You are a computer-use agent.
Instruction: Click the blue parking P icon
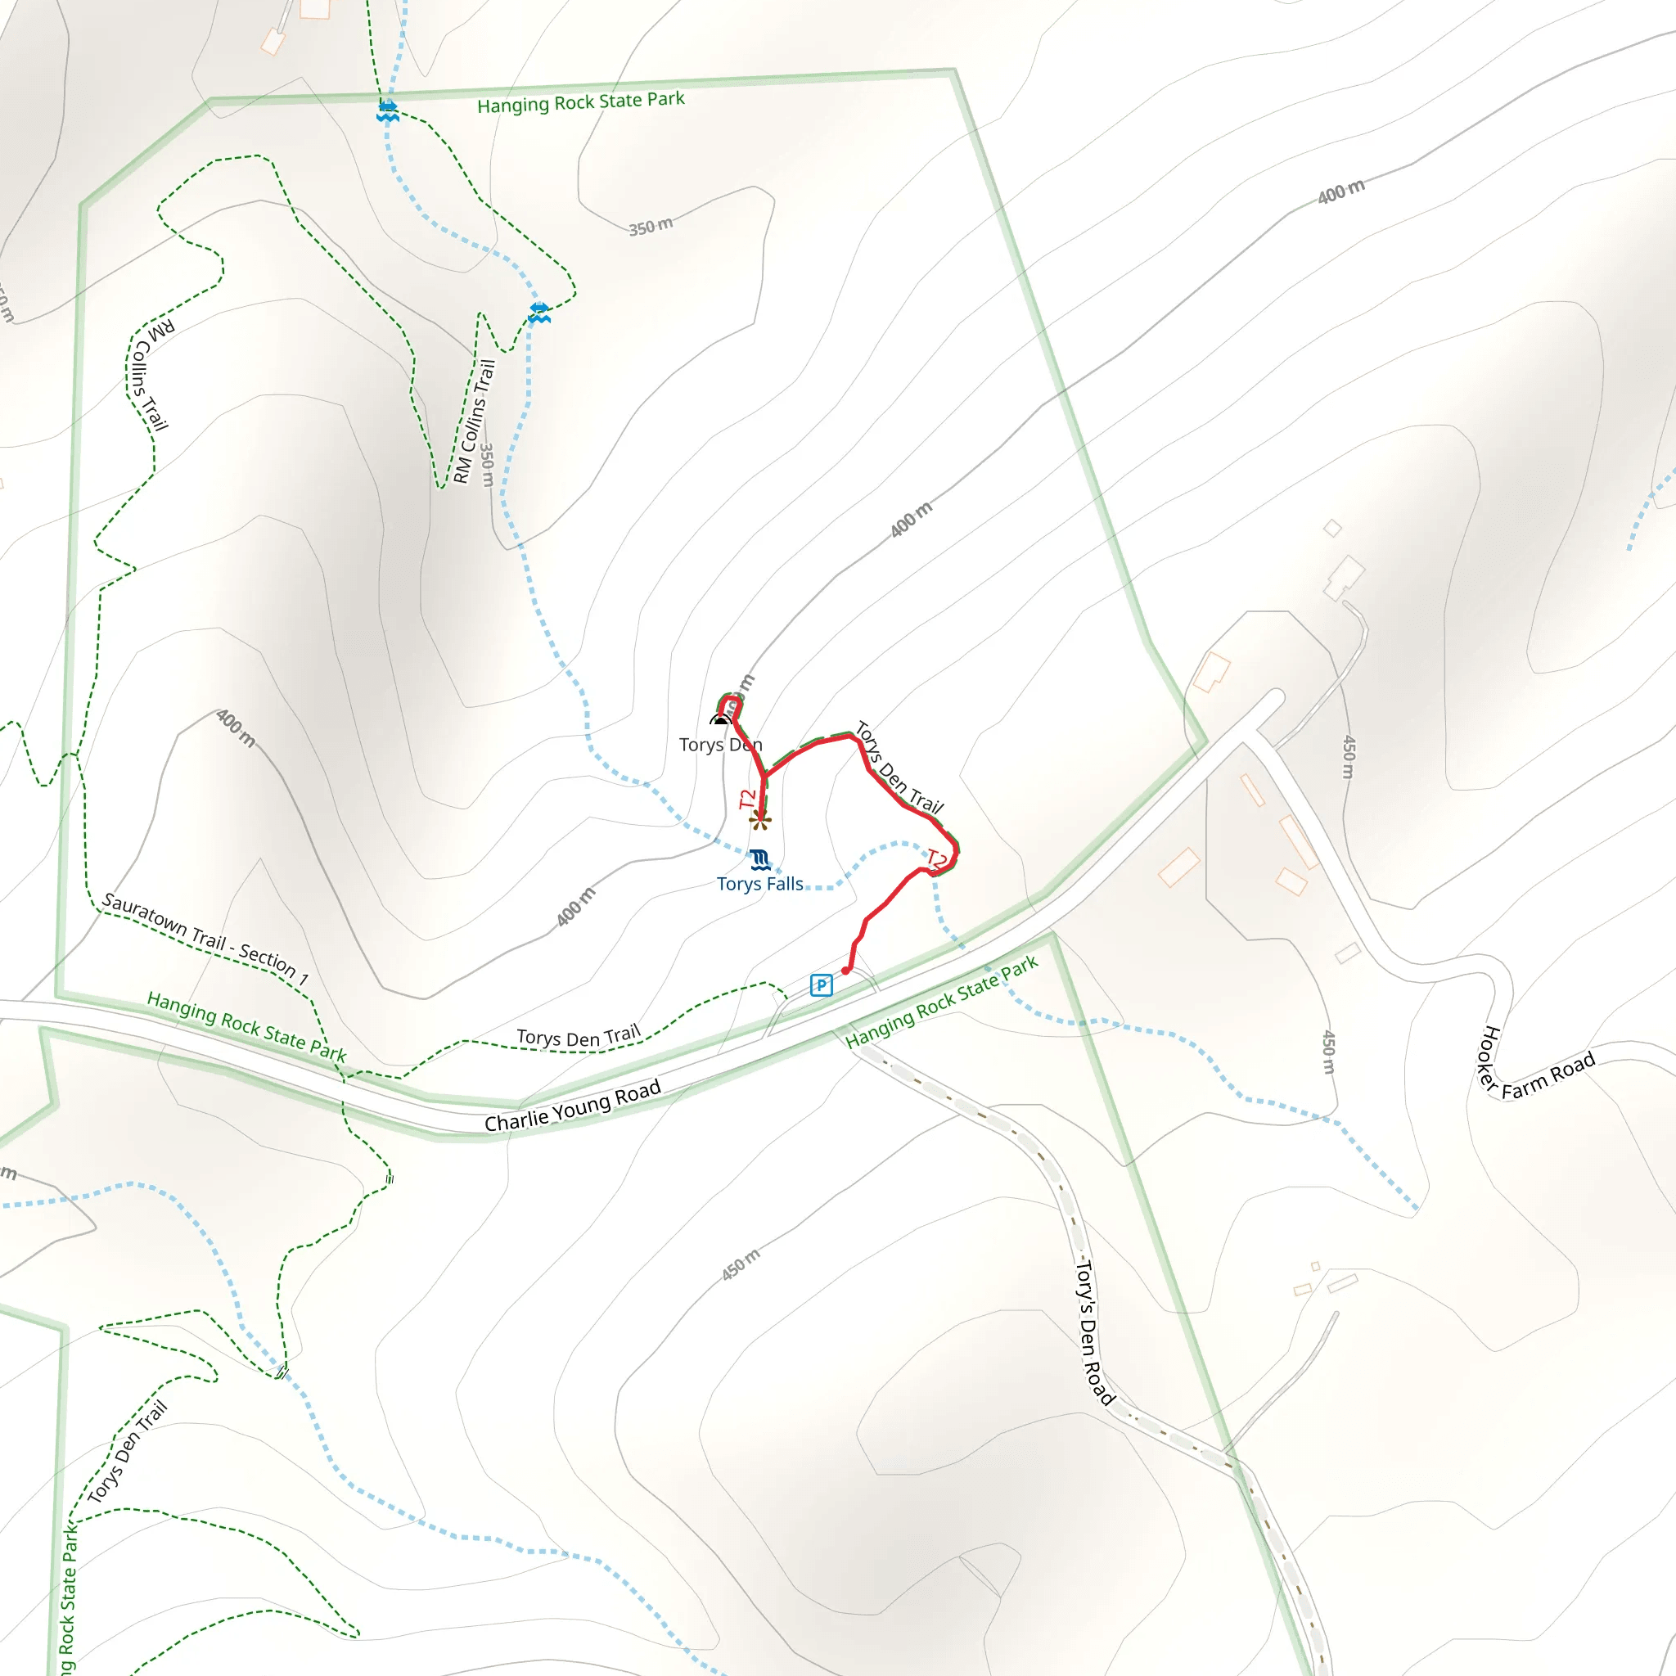tap(821, 984)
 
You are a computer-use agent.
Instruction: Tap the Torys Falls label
tap(760, 884)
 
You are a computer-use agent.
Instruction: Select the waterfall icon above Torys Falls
tap(760, 860)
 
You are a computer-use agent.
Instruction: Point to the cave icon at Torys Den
tap(720, 719)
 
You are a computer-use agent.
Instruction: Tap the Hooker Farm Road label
tap(1534, 1066)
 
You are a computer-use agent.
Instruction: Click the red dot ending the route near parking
tap(846, 971)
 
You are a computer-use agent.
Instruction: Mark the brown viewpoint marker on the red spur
tap(761, 820)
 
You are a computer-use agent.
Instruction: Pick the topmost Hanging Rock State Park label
tap(580, 102)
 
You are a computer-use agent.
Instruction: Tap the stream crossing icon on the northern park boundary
tap(388, 111)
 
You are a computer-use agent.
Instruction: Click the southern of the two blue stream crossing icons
tap(538, 313)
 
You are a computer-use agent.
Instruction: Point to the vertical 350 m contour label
tap(488, 465)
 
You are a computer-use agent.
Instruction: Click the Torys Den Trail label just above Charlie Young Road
tap(579, 1037)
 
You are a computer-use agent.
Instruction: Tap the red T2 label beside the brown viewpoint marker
tap(747, 799)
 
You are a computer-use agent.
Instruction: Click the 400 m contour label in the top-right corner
tap(1341, 191)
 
